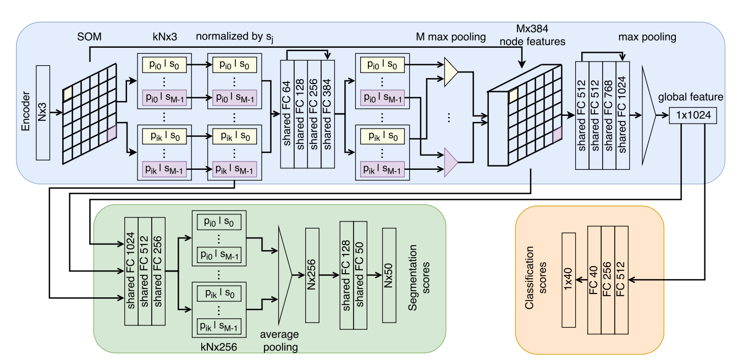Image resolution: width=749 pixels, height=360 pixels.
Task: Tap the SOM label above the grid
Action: coord(89,38)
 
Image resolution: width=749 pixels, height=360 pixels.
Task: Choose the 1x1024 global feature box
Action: coord(693,116)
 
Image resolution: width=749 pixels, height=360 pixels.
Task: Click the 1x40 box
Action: coord(569,279)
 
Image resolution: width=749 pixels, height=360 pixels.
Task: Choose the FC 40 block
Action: coord(594,279)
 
